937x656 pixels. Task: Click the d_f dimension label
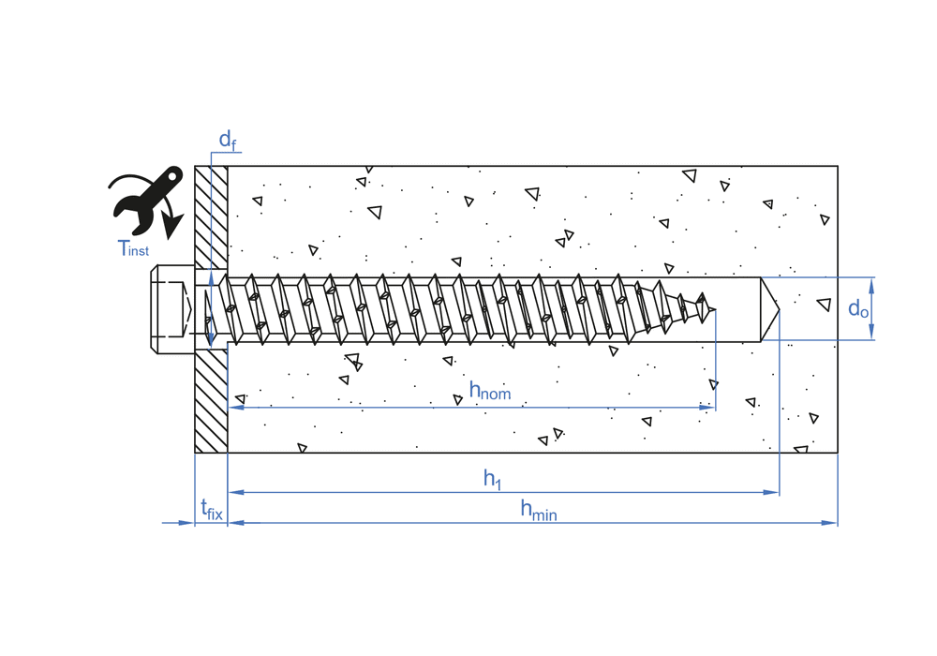[x=227, y=140]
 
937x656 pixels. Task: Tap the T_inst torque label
[x=133, y=248]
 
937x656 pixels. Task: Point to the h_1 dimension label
[x=493, y=479]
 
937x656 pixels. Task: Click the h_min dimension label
[x=539, y=510]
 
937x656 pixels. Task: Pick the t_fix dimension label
[x=212, y=510]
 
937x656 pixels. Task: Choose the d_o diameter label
[x=858, y=308]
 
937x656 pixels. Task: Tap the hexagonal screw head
[x=172, y=309]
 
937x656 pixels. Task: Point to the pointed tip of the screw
[x=715, y=309]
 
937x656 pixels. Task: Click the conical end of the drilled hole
[x=769, y=309]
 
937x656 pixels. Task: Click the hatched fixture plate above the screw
[x=211, y=217]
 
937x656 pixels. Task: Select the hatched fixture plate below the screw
[x=211, y=401]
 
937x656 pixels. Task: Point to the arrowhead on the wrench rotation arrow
[x=172, y=227]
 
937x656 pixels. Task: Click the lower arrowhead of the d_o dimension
[x=871, y=332]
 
